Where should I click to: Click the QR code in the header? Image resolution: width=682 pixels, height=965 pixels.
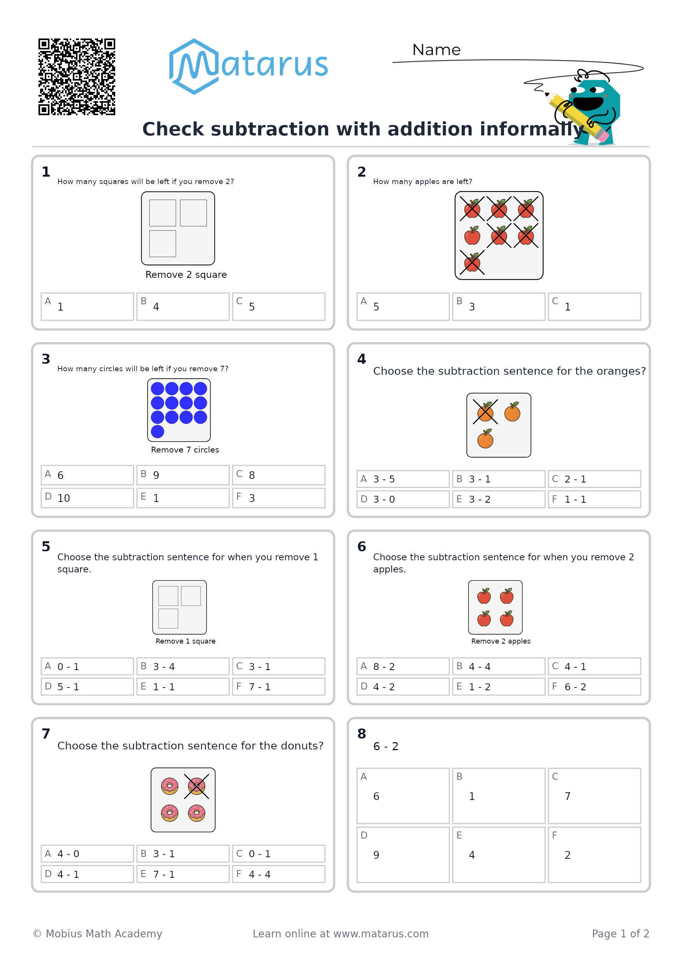click(77, 77)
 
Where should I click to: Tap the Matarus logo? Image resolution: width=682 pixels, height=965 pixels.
click(248, 67)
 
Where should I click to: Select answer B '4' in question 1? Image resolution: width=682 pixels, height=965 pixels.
click(183, 306)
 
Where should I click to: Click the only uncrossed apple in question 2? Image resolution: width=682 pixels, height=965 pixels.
click(472, 235)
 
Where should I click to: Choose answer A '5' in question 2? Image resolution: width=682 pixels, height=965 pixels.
click(403, 306)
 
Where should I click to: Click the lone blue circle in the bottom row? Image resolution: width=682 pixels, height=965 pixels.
click(157, 431)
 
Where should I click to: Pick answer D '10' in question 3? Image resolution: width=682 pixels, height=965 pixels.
click(87, 498)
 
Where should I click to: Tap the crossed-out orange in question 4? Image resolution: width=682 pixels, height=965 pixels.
click(485, 412)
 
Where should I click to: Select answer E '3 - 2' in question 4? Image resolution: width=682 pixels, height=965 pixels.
click(499, 499)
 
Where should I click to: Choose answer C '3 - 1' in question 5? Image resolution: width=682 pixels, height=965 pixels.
click(278, 666)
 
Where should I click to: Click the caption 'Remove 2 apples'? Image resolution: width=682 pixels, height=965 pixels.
click(501, 641)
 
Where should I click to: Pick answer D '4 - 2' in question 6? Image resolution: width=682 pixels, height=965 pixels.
click(403, 686)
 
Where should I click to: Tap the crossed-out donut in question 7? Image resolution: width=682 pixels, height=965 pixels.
click(196, 786)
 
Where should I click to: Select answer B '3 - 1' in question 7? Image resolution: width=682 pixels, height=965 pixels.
click(183, 854)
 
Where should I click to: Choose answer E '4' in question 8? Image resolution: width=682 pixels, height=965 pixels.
click(499, 855)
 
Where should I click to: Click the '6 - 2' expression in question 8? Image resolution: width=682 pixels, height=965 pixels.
click(385, 746)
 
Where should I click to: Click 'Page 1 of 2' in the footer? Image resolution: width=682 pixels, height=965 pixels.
click(620, 933)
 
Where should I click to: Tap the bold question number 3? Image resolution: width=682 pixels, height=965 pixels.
click(46, 359)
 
